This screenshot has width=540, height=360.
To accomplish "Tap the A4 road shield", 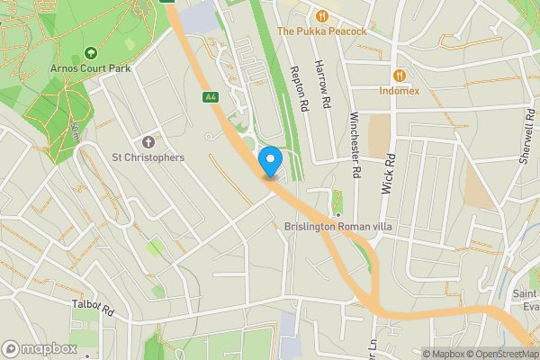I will [211, 96].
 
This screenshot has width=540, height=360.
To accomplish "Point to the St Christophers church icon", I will [148, 142].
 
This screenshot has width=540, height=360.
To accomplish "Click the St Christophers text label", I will [148, 157].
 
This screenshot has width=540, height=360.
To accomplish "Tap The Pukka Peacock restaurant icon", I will [322, 15].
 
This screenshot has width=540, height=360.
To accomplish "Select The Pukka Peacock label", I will [321, 31].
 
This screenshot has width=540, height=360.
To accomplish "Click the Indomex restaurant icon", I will [399, 76].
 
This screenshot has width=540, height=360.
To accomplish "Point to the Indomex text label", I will [399, 91].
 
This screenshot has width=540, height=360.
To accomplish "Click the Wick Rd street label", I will [391, 166].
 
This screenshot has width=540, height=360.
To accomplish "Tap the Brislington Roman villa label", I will [338, 227].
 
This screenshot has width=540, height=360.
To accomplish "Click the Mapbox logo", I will [40, 348].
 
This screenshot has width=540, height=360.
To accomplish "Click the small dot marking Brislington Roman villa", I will [338, 215].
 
